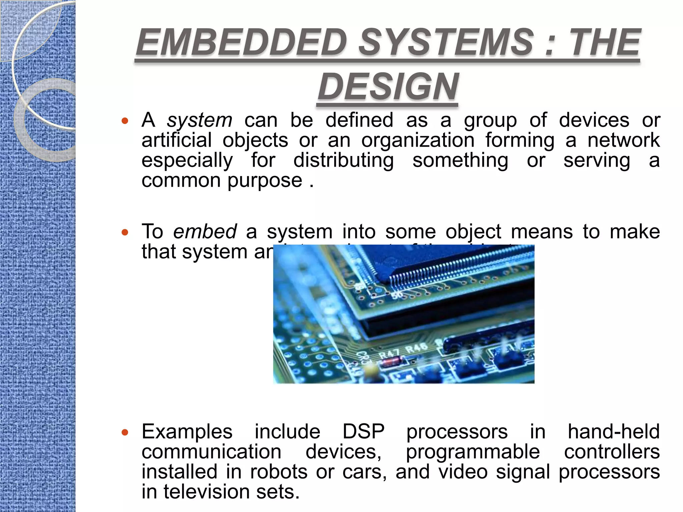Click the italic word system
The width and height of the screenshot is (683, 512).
click(x=199, y=120)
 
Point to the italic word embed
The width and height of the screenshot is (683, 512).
click(x=205, y=232)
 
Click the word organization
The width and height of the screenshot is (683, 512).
click(x=418, y=140)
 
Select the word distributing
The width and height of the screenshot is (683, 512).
click(x=344, y=160)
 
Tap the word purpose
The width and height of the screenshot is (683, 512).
click(x=265, y=181)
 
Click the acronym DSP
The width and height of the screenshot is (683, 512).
click(x=364, y=432)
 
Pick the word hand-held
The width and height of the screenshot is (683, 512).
click(x=614, y=432)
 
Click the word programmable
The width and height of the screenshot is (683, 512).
click(x=473, y=452)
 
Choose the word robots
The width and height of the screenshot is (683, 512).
click(x=278, y=472)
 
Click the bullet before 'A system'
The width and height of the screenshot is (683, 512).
click(x=125, y=121)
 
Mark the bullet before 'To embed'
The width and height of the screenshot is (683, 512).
click(x=125, y=232)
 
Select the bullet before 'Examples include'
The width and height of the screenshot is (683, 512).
click(x=125, y=432)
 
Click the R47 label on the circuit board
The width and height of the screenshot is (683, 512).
click(x=389, y=353)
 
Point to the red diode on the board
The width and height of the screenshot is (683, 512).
click(x=391, y=361)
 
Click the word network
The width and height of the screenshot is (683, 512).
click(x=623, y=140)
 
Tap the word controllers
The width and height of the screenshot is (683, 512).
click(x=612, y=452)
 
